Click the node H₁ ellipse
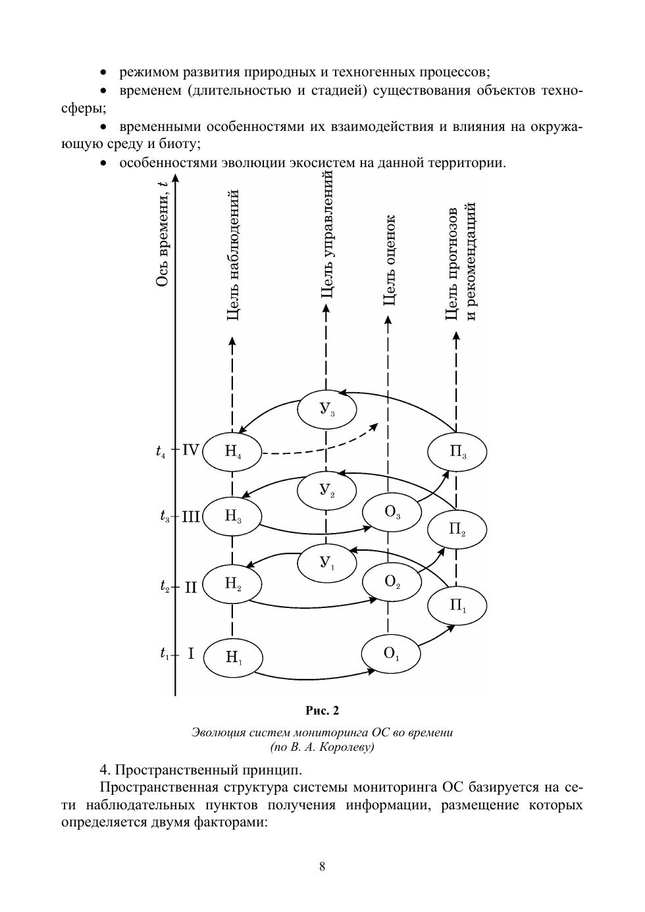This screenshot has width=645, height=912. (x=233, y=657)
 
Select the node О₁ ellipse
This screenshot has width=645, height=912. (x=391, y=653)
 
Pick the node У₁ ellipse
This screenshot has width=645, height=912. (x=326, y=562)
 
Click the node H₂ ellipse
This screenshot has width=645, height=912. (x=232, y=583)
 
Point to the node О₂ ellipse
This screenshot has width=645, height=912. (x=392, y=582)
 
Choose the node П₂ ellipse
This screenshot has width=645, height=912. (x=457, y=529)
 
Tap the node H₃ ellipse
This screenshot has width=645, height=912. (x=232, y=516)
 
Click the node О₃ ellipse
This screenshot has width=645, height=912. (x=392, y=511)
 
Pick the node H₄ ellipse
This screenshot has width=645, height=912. (x=232, y=451)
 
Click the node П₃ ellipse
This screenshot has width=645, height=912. (x=457, y=452)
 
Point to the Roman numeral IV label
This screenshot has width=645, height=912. (x=190, y=450)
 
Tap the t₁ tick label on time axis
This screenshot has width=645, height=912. (x=165, y=654)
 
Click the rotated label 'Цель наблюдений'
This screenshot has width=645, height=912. (x=232, y=255)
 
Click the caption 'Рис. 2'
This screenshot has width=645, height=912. (x=322, y=711)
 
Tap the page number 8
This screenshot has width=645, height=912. (x=322, y=867)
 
